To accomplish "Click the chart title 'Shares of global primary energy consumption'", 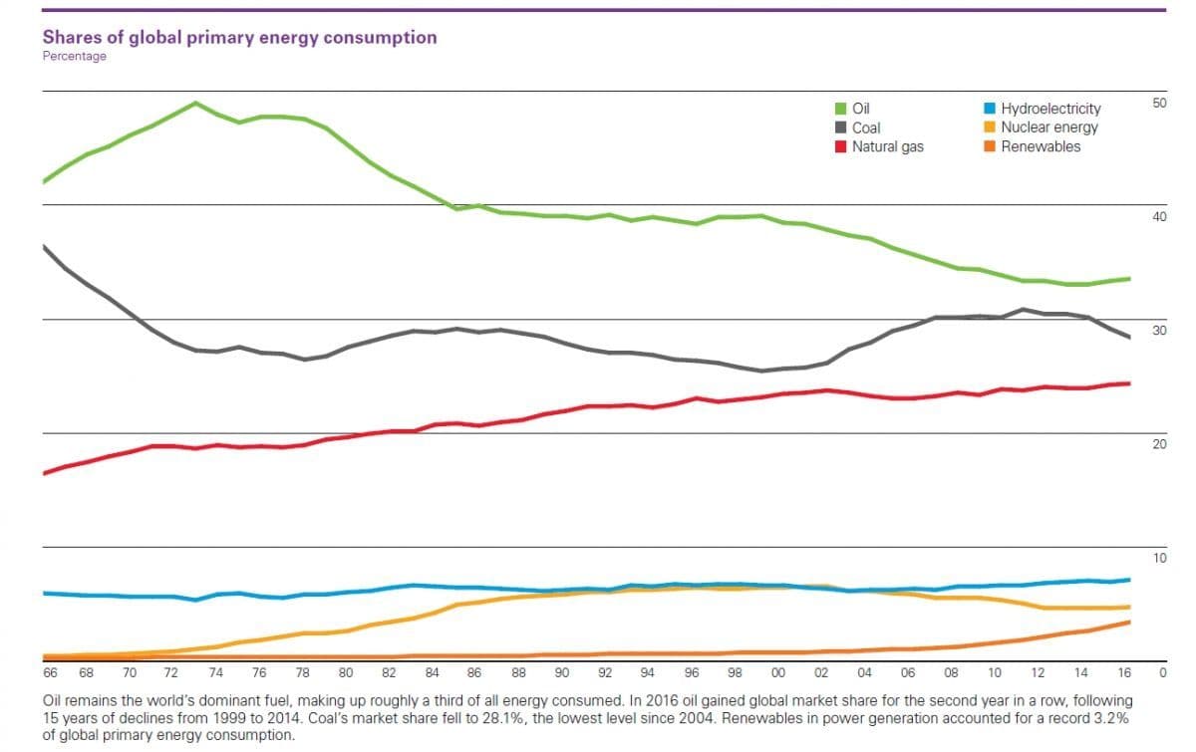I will coord(239,38).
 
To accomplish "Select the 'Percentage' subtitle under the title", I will coord(74,57).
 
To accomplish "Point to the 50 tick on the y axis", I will coord(1159,104).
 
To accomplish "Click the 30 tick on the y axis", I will coord(1159,331).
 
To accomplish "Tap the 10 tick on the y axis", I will coord(1159,558).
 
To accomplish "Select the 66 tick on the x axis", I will coord(50,672).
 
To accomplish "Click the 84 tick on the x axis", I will coord(432,672).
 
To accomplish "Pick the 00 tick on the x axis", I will coord(778,672).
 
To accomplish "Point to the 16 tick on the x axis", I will coord(1124,672).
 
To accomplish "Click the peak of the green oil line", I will coord(195,103).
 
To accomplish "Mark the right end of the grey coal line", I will coord(1129,338).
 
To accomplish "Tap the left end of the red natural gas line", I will coord(44,472).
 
